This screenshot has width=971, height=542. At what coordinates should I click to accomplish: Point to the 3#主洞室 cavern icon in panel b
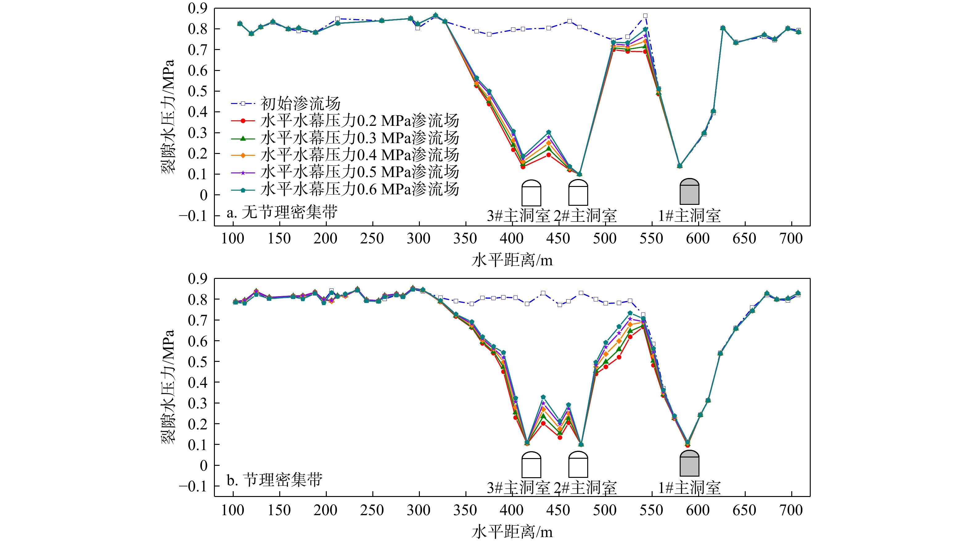pyautogui.click(x=531, y=465)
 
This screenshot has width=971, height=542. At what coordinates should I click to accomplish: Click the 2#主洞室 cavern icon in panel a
pyautogui.click(x=578, y=192)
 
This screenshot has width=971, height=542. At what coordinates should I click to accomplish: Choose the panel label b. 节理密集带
pyautogui.click(x=274, y=480)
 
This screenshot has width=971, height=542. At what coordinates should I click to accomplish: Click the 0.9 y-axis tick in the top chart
pyautogui.click(x=198, y=8)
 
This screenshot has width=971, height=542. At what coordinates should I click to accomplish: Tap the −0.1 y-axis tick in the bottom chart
pyautogui.click(x=193, y=486)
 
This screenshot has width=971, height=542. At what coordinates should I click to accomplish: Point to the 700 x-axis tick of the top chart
pyautogui.click(x=791, y=239)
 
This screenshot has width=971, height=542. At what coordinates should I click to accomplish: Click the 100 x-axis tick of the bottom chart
pyautogui.click(x=232, y=510)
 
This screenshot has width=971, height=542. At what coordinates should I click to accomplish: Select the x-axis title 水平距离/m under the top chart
pyautogui.click(x=512, y=260)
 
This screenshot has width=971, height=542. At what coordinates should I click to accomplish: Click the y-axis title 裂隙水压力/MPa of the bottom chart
pyautogui.click(x=168, y=387)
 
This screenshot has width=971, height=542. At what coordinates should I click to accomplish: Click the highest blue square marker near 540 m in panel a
pyautogui.click(x=645, y=16)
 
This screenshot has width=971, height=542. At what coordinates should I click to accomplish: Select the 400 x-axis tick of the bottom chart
pyautogui.click(x=511, y=510)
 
